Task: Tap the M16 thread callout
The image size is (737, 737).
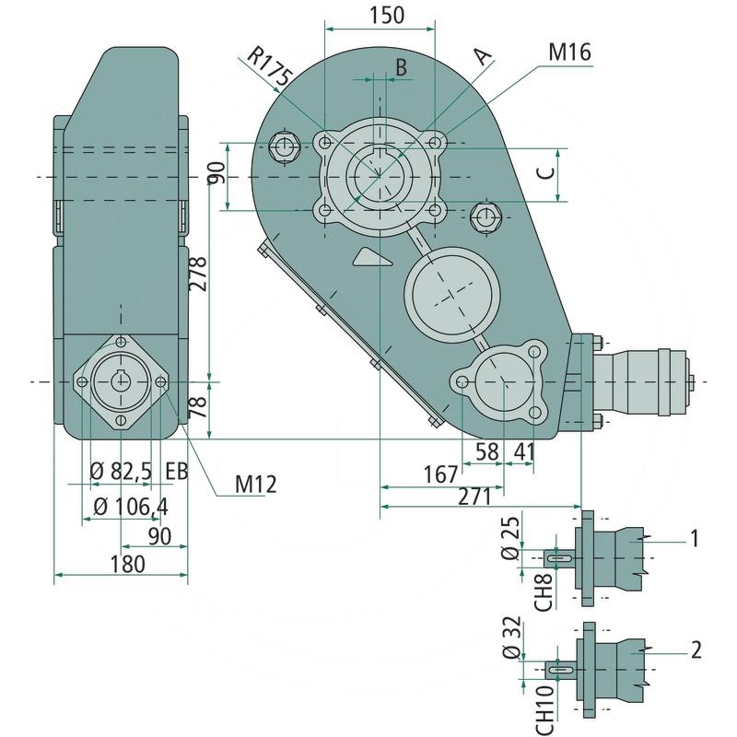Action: pyautogui.click(x=570, y=53)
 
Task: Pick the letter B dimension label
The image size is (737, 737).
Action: pyautogui.click(x=401, y=66)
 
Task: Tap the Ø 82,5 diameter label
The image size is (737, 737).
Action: pyautogui.click(x=121, y=473)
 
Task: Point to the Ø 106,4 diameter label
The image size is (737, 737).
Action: pyautogui.click(x=130, y=506)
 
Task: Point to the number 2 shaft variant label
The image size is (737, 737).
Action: pyautogui.click(x=696, y=650)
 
